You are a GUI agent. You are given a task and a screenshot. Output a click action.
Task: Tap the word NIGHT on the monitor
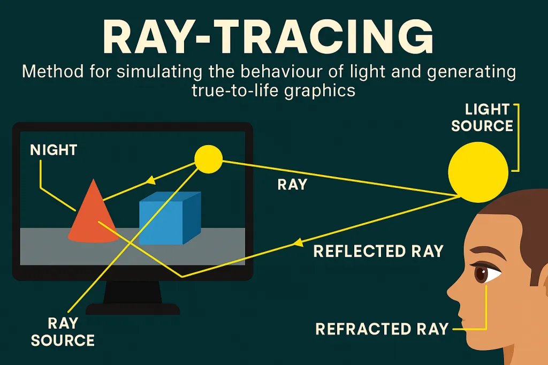tap(54, 150)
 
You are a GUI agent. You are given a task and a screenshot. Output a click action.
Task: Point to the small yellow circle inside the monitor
tap(208, 159)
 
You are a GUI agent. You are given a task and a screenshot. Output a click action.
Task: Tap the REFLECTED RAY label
tap(378, 250)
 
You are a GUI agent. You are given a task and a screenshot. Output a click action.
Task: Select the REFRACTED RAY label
tap(382, 328)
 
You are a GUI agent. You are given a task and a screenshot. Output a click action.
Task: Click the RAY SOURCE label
tap(63, 331)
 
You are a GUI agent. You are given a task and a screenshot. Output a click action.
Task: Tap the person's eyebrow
tap(484, 256)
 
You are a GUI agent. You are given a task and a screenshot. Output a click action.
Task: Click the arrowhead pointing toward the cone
tap(144, 182)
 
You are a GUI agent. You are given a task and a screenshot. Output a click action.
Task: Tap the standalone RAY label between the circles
tap(292, 185)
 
